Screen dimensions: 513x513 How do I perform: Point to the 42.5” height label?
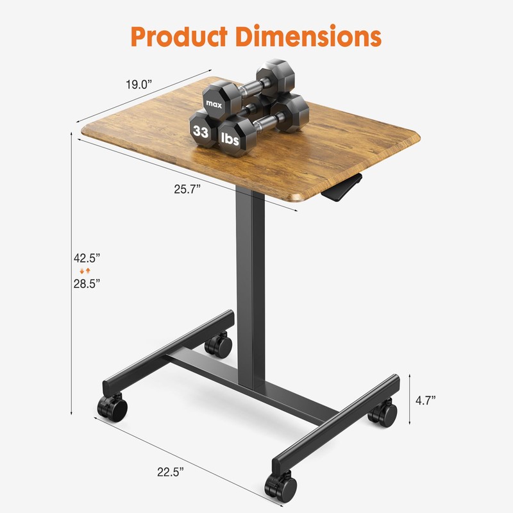(87, 258)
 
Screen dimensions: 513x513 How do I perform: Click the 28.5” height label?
(87, 283)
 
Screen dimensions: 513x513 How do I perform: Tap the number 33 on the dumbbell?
(201, 133)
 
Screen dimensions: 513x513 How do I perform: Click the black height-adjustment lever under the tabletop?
(343, 189)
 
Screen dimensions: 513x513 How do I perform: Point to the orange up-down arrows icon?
(80, 271)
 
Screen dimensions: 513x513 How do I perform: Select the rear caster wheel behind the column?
(219, 347)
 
